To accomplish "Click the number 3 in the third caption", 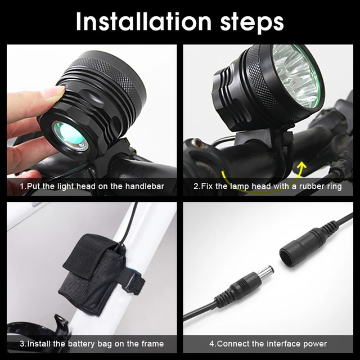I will click(22, 343).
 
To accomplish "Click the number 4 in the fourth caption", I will click(212, 343).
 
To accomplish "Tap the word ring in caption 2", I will click(331, 186).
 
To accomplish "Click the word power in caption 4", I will click(314, 343).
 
